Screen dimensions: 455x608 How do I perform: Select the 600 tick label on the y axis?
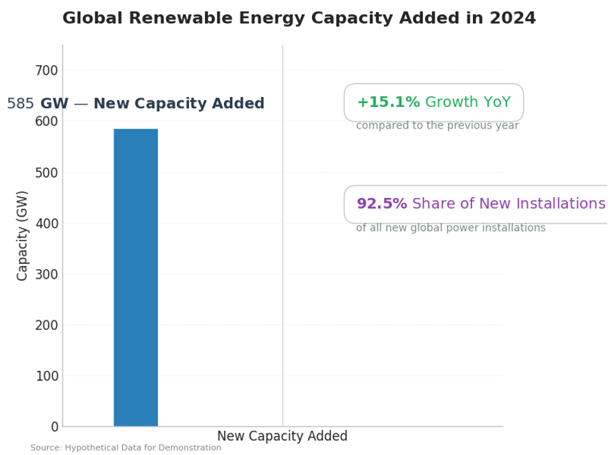46,121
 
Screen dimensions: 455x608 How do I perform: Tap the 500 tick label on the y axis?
46,172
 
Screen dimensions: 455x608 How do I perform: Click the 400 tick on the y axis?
46,223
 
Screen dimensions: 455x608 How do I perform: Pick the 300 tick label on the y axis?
46,274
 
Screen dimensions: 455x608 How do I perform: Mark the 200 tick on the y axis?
46,325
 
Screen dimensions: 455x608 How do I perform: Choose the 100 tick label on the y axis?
46,376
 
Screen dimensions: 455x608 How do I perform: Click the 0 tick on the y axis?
54,427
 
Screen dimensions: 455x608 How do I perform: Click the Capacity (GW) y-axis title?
23,236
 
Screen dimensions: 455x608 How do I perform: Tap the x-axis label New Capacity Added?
282,436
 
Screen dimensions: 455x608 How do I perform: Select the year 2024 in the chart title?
512,18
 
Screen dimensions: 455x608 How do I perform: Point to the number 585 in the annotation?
20,104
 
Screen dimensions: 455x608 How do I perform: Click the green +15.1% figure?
388,102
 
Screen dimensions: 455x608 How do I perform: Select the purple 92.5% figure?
381,204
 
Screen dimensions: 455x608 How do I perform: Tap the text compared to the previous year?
437,126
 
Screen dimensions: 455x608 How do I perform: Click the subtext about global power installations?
451,228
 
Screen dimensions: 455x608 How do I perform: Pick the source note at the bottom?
126,448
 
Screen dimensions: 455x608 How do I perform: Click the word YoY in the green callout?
495,102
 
